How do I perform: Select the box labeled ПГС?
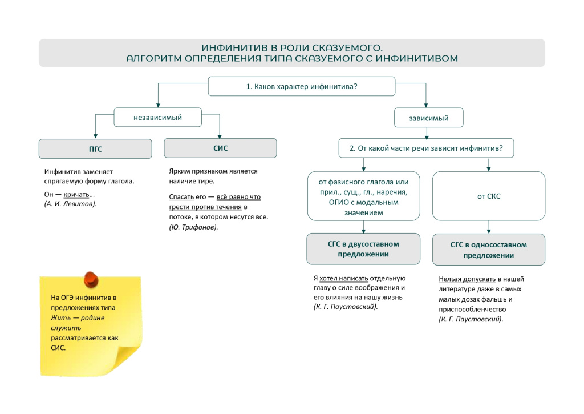[95, 149]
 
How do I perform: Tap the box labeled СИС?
[220, 148]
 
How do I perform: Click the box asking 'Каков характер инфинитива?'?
[301, 87]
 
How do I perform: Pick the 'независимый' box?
[157, 118]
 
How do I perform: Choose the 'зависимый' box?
[428, 118]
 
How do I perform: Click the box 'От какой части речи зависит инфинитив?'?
[426, 148]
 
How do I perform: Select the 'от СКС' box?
[488, 196]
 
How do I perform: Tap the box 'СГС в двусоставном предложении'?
[363, 249]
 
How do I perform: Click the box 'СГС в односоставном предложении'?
[488, 250]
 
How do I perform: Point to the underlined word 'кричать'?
[76, 194]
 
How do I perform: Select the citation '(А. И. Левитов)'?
[70, 203]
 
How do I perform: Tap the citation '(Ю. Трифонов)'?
[193, 227]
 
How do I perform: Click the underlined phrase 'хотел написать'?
[340, 278]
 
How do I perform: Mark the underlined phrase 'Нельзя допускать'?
[467, 279]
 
